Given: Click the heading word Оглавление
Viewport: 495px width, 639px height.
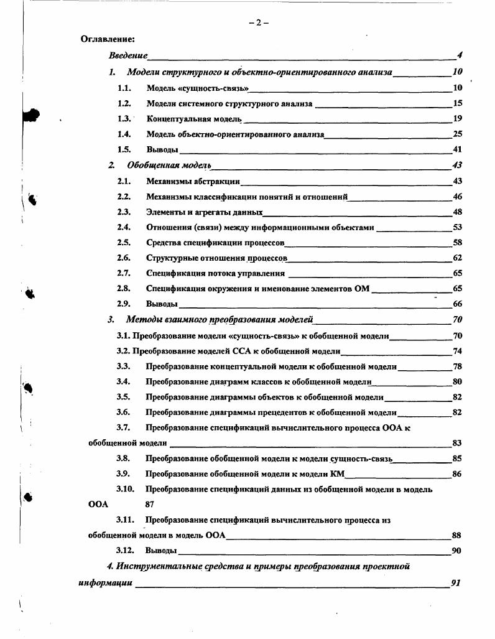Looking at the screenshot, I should pyautogui.click(x=108, y=39).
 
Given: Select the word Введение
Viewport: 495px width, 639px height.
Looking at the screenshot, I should pyautogui.click(x=128, y=55).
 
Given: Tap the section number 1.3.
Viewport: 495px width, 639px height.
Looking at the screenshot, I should pyautogui.click(x=124, y=118).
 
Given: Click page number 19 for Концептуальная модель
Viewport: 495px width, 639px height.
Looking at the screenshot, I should pyautogui.click(x=458, y=118).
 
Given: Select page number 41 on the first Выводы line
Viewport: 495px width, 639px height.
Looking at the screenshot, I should pyautogui.click(x=458, y=149).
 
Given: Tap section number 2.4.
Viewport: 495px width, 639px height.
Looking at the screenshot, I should pyautogui.click(x=124, y=227).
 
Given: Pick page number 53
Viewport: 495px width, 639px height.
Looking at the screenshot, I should pyautogui.click(x=458, y=227).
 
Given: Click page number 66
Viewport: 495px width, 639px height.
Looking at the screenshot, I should pyautogui.click(x=458, y=304).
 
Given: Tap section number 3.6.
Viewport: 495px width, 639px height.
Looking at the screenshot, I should pyautogui.click(x=123, y=412).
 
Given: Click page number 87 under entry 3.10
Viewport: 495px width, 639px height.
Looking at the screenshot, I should pyautogui.click(x=150, y=505).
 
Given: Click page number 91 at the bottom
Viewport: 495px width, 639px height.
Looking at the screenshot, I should pyautogui.click(x=456, y=584).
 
